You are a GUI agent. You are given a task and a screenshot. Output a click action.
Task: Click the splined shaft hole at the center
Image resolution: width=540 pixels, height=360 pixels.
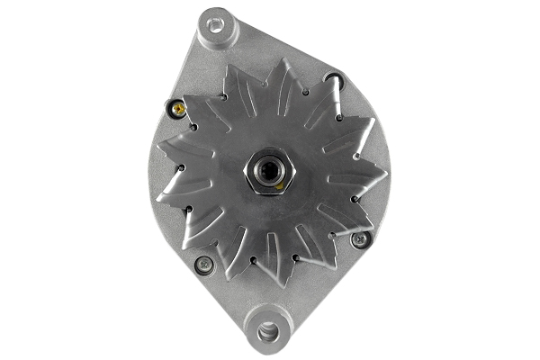point(269,168)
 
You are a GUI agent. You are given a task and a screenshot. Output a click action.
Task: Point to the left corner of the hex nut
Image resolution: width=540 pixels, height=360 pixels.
point(246,169)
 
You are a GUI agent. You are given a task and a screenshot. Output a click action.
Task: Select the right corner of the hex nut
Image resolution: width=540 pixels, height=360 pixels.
point(292,169)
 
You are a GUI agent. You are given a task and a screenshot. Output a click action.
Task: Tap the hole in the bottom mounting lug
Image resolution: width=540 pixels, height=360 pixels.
point(267,330)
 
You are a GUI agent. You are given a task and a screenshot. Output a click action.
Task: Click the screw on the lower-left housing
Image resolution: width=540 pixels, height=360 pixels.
point(204,265)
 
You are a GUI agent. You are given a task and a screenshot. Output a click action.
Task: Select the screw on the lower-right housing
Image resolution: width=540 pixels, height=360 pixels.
point(359,239)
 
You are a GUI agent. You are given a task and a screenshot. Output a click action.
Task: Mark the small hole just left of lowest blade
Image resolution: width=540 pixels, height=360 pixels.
point(253,260)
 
